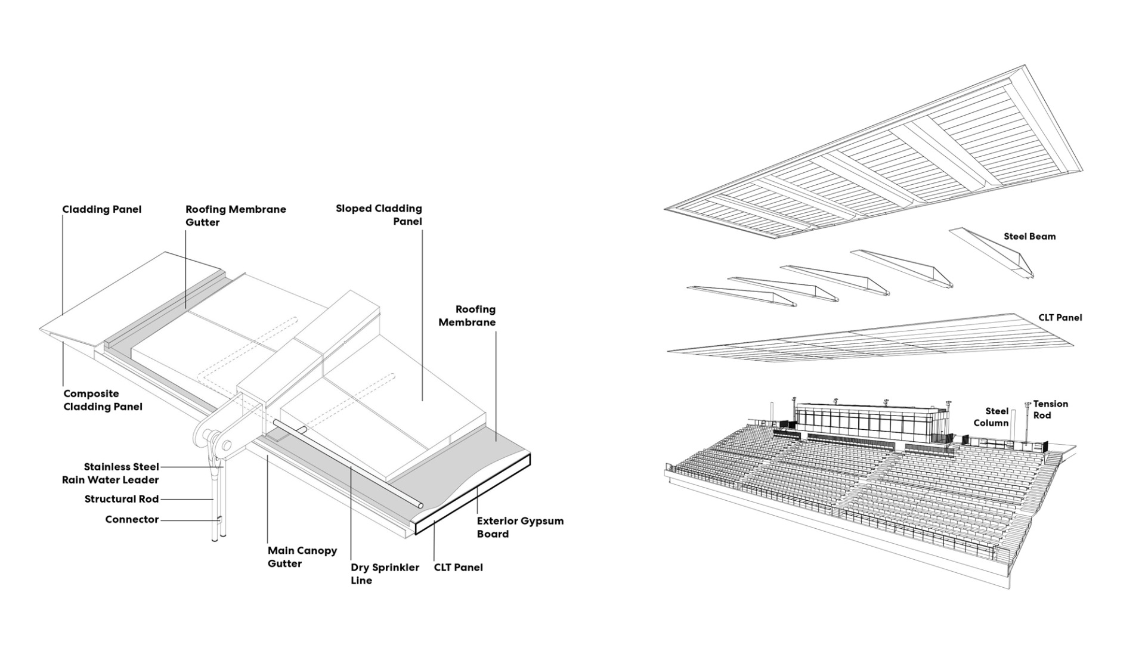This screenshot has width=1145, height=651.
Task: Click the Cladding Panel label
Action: [x=102, y=210]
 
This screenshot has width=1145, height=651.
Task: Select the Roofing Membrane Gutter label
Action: [x=236, y=216]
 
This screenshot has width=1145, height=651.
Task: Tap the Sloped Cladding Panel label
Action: [x=379, y=215]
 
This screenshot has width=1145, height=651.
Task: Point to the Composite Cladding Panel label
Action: [x=103, y=401]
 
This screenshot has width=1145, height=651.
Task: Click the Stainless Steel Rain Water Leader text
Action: [x=111, y=473]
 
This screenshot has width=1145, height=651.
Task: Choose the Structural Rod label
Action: [x=122, y=499]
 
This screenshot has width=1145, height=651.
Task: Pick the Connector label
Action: [x=132, y=520]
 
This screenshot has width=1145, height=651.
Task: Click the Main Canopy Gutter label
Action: [x=302, y=557]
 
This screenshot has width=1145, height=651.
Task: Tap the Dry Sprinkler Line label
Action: [x=385, y=574]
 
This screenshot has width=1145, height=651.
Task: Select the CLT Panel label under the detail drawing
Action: [x=458, y=568]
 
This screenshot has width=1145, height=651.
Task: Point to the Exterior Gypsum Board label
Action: [x=519, y=528]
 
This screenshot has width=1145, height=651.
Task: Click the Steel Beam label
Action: [x=1029, y=237]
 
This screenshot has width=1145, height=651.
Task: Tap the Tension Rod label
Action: [x=1050, y=410]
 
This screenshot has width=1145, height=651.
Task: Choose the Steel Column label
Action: [x=991, y=417]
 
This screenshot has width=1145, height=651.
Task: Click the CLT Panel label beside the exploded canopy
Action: [x=1060, y=318]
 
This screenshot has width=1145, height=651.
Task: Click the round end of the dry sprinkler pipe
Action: [x=421, y=506]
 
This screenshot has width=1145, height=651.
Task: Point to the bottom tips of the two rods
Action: [x=218, y=540]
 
